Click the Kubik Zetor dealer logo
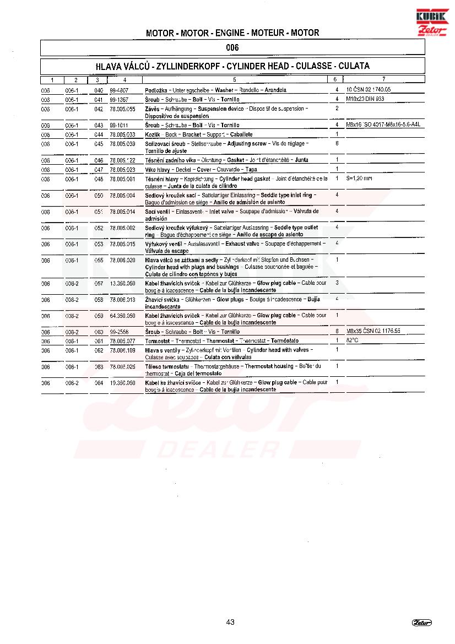432,22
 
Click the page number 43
230,622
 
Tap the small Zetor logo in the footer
422,623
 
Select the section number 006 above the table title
232,48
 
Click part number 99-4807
119,90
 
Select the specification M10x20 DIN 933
365,99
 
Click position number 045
99,144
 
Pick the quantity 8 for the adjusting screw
337,143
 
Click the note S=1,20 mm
359,179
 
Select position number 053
99,244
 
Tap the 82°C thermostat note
353,340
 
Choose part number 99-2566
119,332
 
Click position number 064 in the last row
99,382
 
